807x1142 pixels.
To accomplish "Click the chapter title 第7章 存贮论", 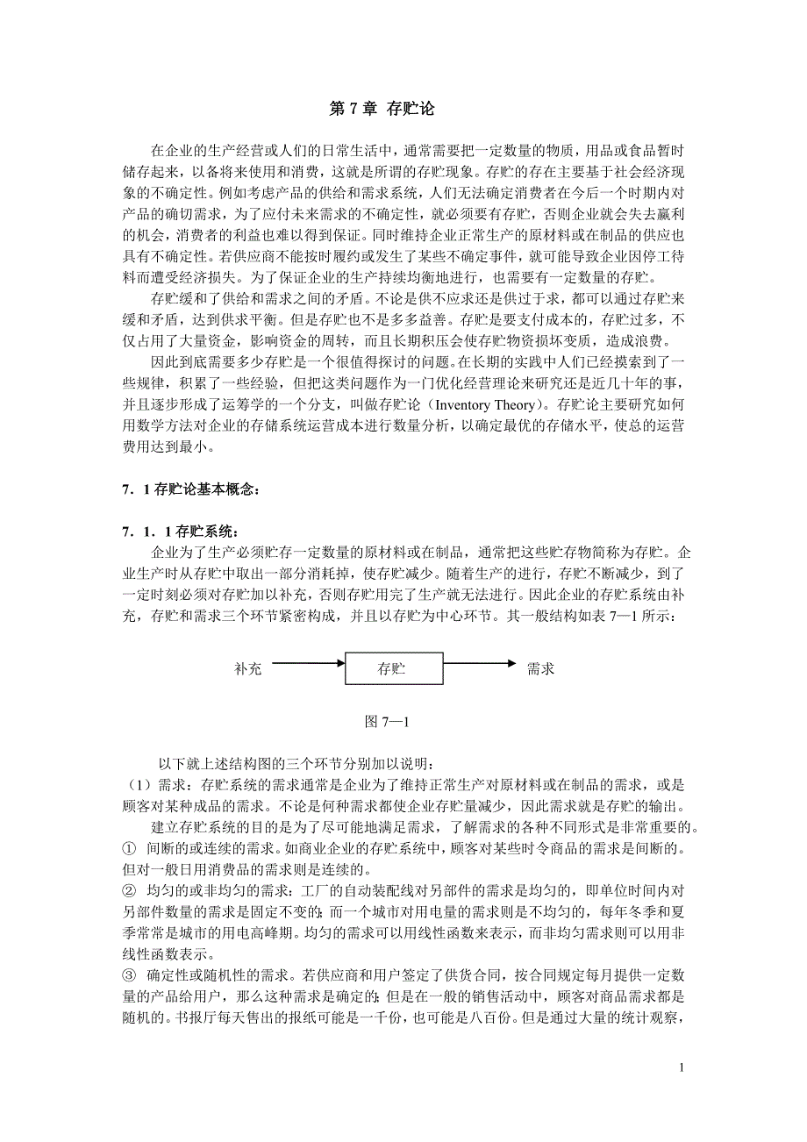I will (382, 110).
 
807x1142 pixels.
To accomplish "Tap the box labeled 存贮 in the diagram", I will (391, 669).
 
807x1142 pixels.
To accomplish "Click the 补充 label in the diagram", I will (248, 669).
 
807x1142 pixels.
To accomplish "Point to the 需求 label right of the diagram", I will (540, 669).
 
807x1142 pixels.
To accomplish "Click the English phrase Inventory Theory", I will (483, 405).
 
